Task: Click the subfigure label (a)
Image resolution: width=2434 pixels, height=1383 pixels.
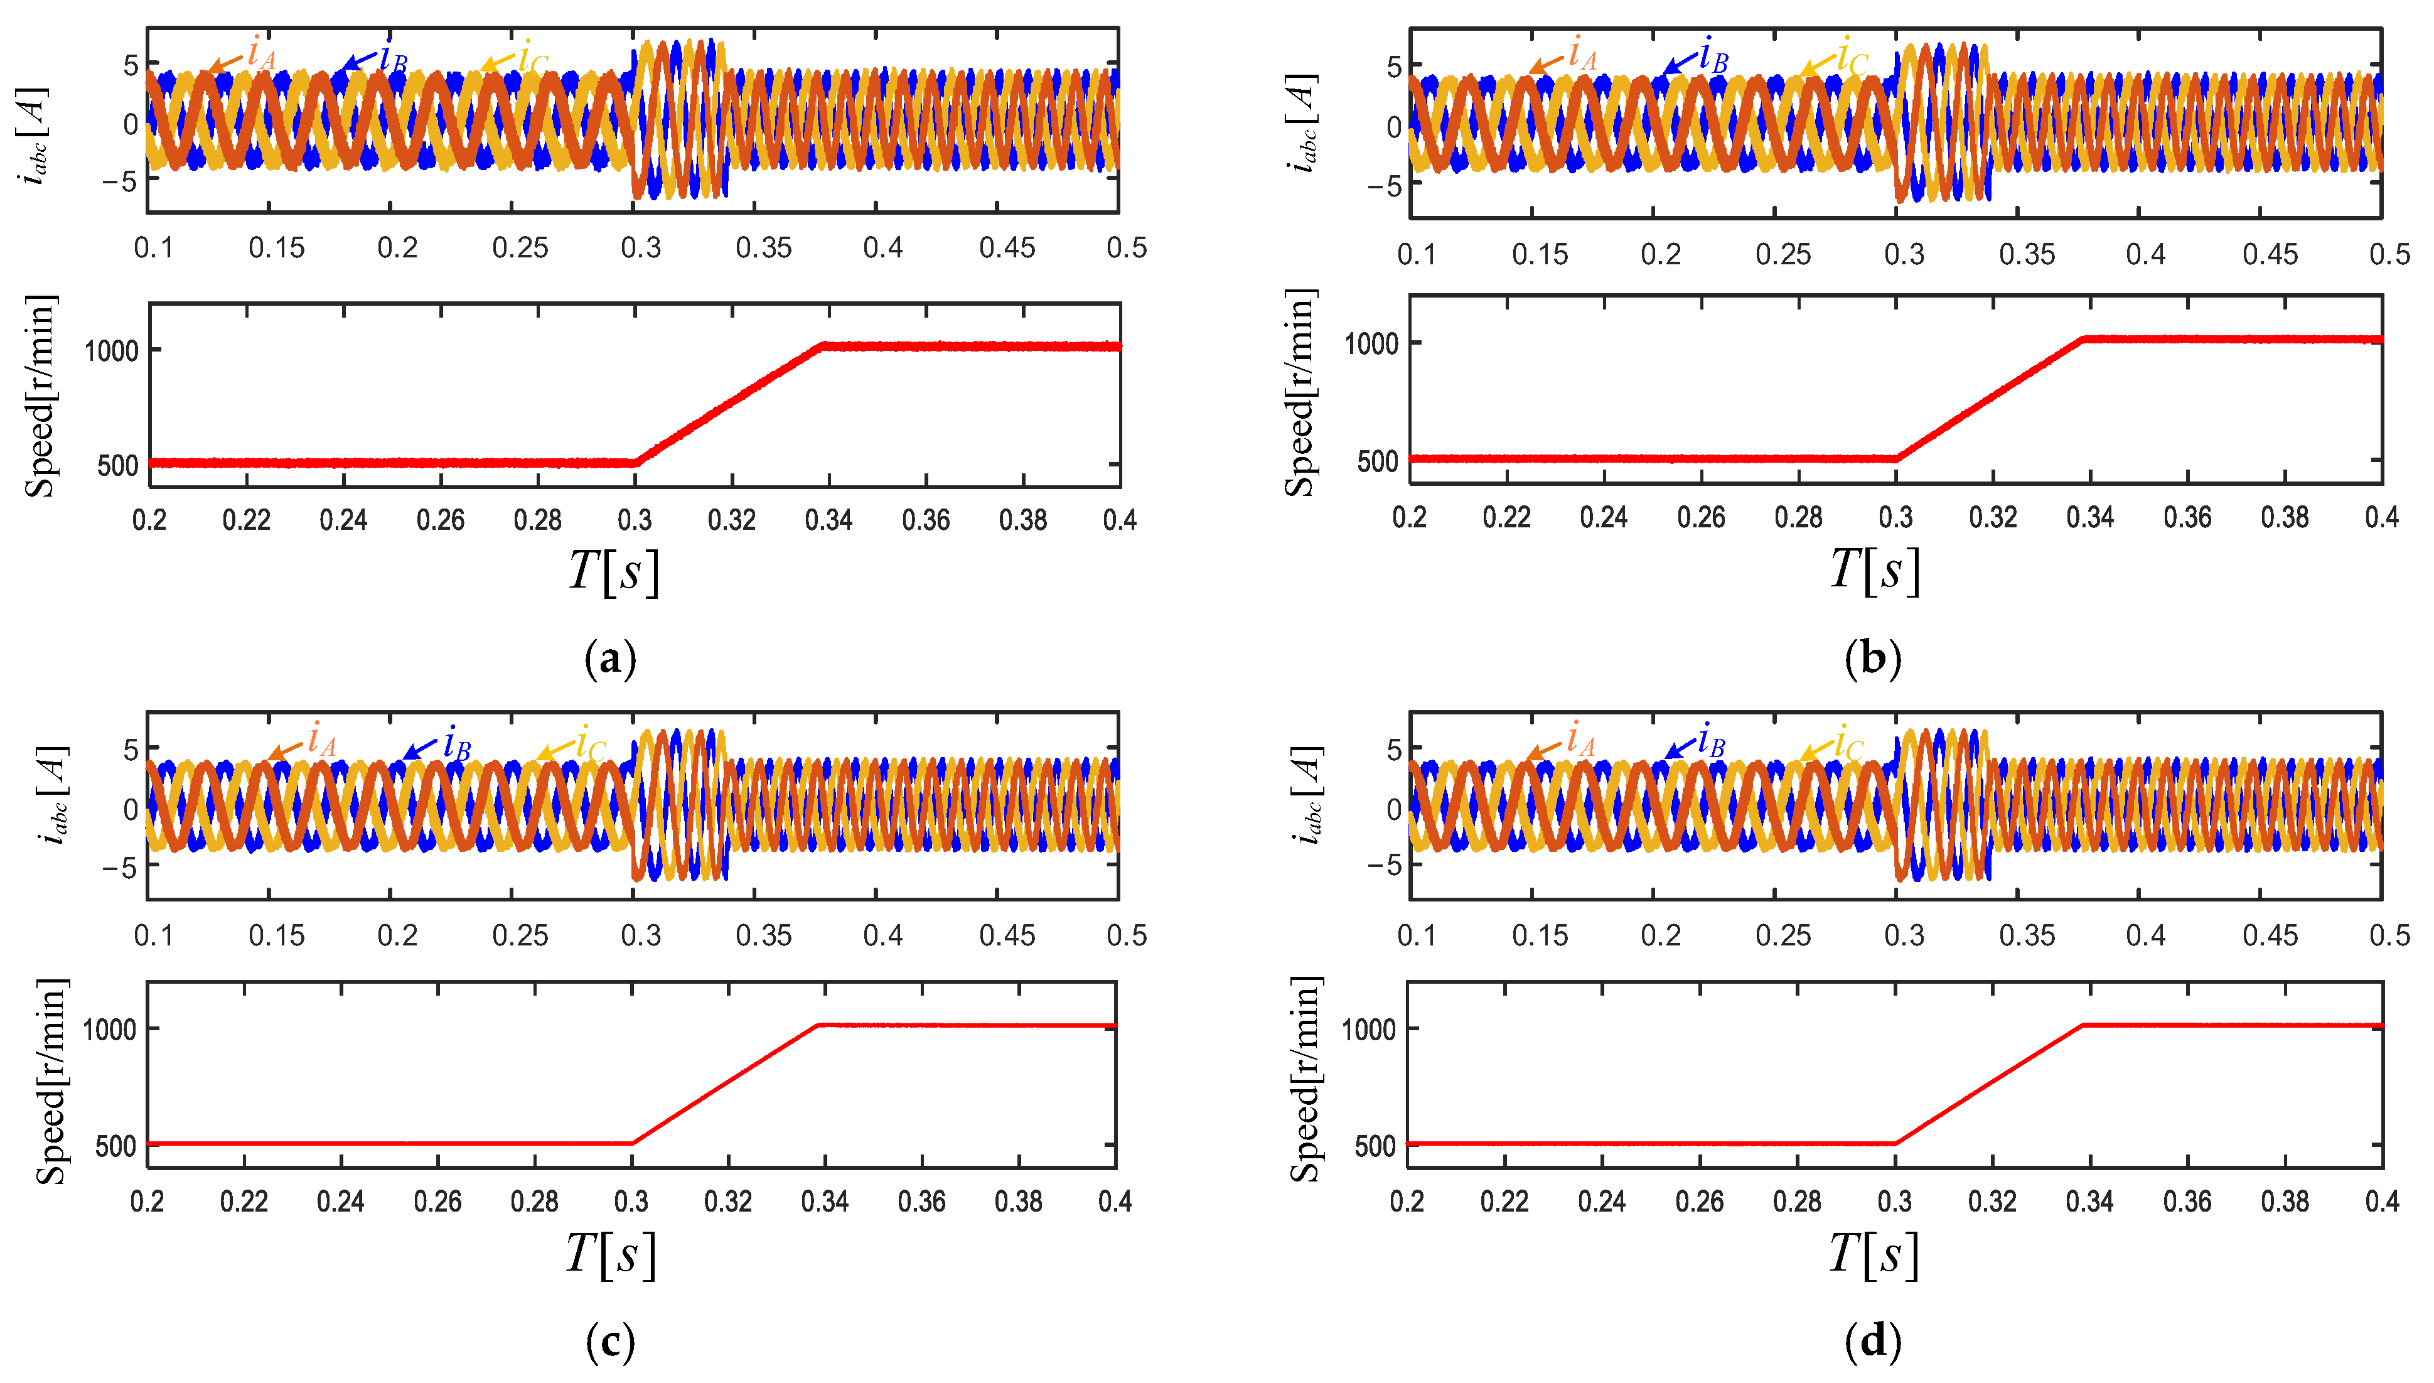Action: click(x=611, y=659)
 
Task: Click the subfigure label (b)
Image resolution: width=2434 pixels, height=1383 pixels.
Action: click(x=1872, y=659)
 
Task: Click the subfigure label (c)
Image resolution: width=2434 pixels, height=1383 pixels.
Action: click(x=611, y=1341)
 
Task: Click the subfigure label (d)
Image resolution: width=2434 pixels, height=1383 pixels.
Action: click(x=1872, y=1341)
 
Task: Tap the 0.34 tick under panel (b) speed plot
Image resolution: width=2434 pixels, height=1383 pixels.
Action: click(x=2089, y=518)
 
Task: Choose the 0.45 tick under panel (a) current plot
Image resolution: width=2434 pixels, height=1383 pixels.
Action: click(x=1007, y=248)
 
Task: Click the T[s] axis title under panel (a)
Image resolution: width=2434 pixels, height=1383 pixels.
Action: click(x=613, y=571)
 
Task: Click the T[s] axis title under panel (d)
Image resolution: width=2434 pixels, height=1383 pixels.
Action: click(x=1874, y=1254)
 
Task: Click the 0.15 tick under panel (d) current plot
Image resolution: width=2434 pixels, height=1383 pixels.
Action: click(x=1540, y=935)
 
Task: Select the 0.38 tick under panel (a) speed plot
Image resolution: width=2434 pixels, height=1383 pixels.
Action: click(x=1023, y=520)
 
